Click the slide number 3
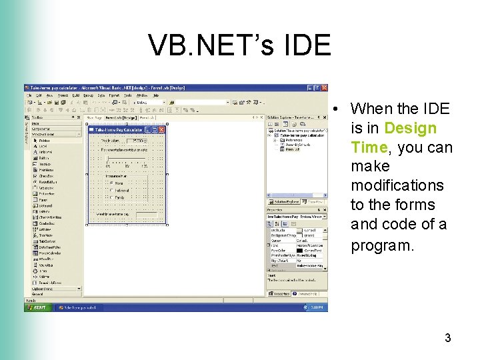click(448, 338)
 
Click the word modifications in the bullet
click(397, 185)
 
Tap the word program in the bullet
click(391, 245)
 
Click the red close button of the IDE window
click(325, 88)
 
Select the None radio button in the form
click(111, 183)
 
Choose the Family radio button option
click(111, 197)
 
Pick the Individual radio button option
click(111, 190)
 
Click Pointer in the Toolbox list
click(44, 141)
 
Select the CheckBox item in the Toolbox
click(45, 176)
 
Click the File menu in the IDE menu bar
click(29, 95)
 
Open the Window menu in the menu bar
click(141, 95)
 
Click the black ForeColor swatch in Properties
click(301, 250)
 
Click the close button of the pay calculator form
click(162, 130)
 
